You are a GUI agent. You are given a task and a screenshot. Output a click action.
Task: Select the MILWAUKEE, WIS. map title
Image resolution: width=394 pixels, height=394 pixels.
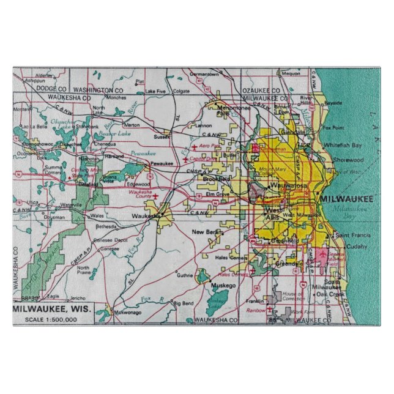click(x=53, y=310)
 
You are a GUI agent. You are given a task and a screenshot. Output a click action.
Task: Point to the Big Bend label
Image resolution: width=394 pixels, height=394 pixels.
click(x=183, y=303)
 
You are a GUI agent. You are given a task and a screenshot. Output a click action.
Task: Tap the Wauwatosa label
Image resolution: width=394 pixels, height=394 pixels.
click(x=288, y=184)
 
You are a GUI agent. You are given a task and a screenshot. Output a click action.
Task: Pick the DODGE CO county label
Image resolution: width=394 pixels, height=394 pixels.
click(x=38, y=89)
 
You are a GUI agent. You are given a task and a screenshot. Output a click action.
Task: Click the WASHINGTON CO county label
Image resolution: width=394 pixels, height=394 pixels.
click(x=100, y=89)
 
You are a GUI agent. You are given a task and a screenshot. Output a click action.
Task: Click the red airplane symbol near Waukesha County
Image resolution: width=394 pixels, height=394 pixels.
click(x=155, y=196)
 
